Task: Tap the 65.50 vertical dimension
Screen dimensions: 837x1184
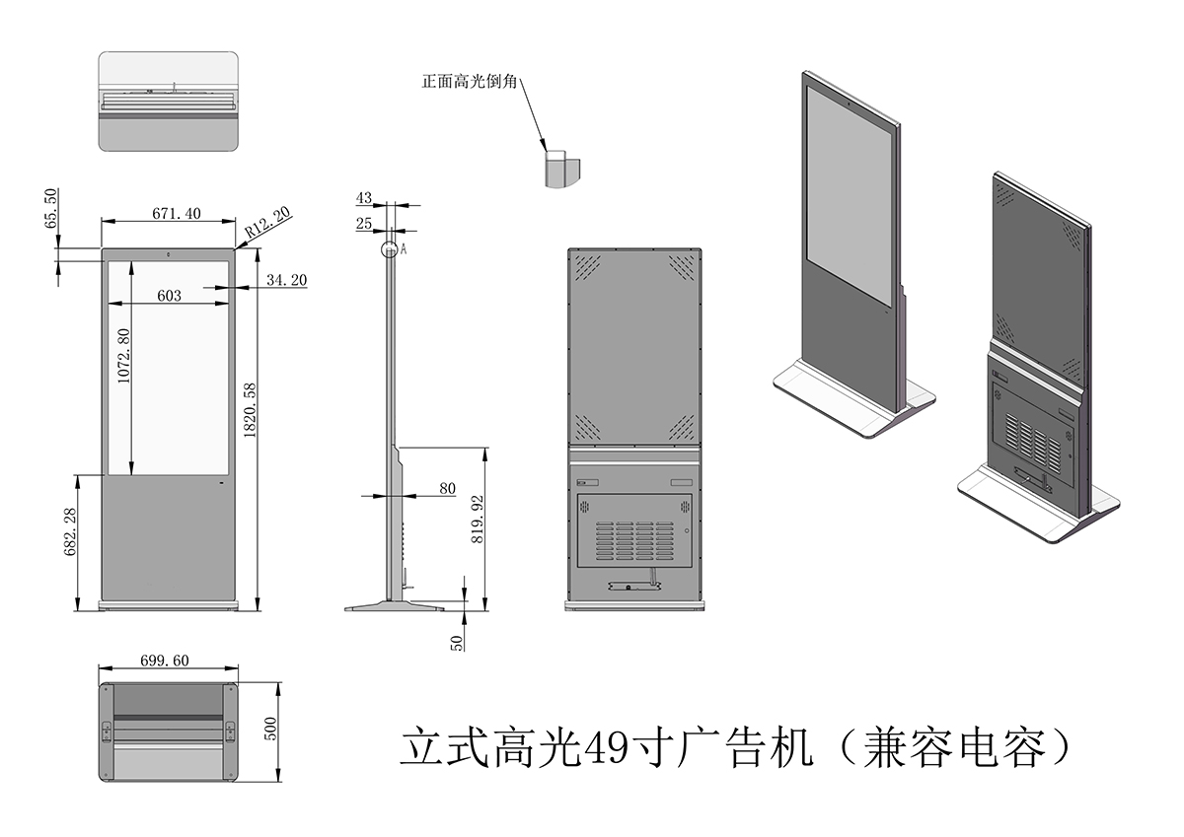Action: pyautogui.click(x=50, y=209)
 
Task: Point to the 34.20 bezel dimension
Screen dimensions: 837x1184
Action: pyautogui.click(x=286, y=281)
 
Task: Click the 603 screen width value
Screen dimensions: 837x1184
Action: pyautogui.click(x=169, y=295)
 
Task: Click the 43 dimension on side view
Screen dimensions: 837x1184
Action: pyautogui.click(x=364, y=198)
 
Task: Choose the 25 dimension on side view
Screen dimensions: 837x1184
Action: pyautogui.click(x=364, y=224)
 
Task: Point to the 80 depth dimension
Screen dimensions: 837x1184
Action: pyautogui.click(x=447, y=488)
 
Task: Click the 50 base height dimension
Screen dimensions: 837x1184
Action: pyautogui.click(x=457, y=641)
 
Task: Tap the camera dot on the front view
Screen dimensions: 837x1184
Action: pyautogui.click(x=169, y=255)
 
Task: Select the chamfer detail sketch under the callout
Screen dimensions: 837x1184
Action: pyautogui.click(x=561, y=169)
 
